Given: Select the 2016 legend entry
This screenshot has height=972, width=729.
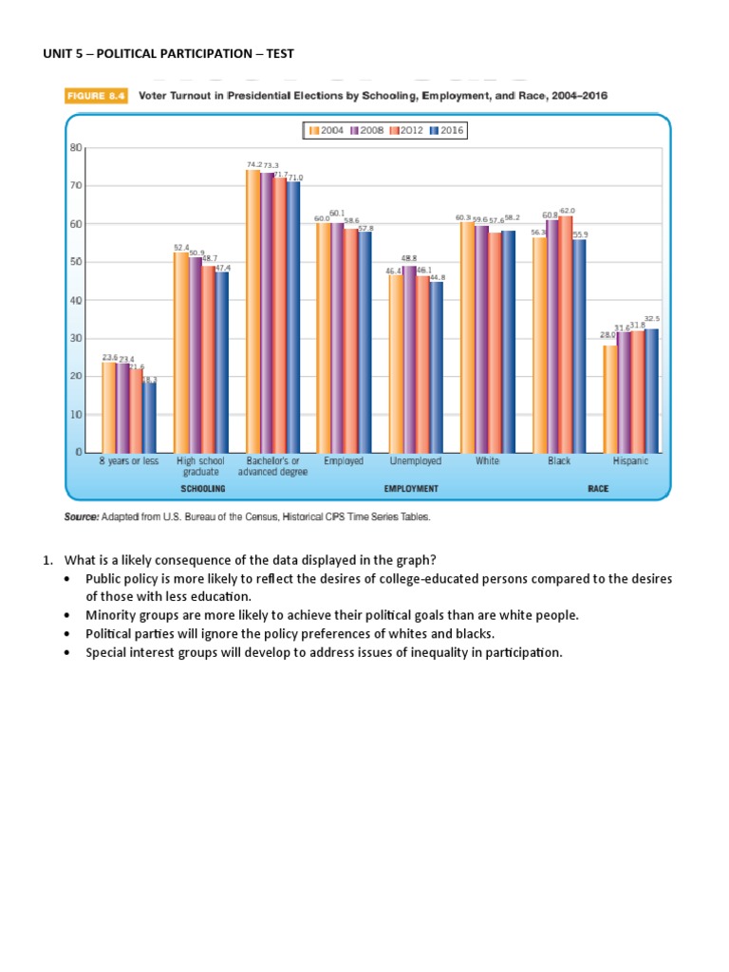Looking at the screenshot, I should [446, 130].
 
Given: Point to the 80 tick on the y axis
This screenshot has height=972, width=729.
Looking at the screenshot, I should [76, 148].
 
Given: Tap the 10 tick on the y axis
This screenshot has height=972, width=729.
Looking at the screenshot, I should [76, 415].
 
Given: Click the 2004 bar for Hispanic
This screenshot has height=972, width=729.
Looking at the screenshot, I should [609, 399].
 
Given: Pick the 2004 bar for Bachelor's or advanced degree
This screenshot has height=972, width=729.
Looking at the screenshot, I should [252, 311].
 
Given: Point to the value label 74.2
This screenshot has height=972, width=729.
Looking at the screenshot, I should [254, 164].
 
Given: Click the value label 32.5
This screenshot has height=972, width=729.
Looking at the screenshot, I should [652, 319].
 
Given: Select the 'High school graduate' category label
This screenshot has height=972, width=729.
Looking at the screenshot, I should [200, 465].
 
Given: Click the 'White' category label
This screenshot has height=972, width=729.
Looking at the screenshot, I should [487, 461].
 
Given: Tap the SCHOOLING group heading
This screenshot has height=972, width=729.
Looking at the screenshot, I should [202, 488].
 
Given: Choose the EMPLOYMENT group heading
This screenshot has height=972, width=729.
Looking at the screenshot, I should [410, 488].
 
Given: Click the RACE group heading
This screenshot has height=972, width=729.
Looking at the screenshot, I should [597, 488].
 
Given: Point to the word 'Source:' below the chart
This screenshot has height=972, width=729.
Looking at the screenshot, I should [82, 516].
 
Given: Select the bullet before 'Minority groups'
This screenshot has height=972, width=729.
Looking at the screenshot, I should [66, 615].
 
